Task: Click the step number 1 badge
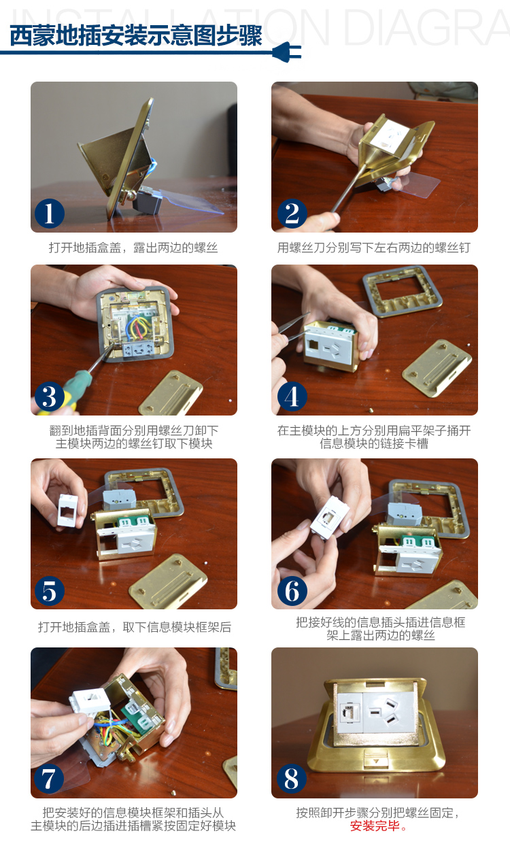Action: point(50,214)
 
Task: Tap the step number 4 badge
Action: point(292,396)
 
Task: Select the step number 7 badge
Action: point(49,779)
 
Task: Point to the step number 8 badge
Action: point(292,779)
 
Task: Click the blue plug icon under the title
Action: point(287,52)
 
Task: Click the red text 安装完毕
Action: point(375,826)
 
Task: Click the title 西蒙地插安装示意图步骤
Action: point(136,36)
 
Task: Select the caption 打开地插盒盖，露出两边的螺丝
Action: point(133,248)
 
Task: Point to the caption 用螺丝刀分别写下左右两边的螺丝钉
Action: point(374,248)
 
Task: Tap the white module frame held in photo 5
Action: point(68,510)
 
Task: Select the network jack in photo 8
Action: point(348,712)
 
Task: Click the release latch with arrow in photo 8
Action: point(376,760)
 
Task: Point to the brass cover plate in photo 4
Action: point(437,368)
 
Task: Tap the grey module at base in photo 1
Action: point(148,200)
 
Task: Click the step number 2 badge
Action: point(292,214)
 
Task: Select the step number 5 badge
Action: point(50,591)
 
